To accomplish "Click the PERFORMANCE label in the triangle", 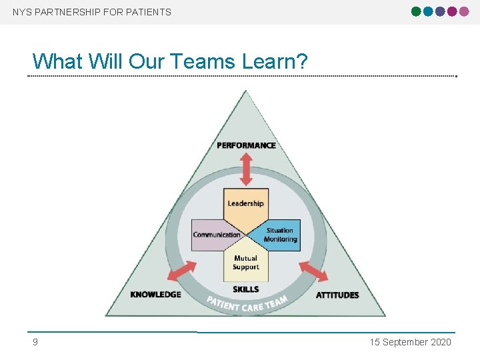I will (246, 145).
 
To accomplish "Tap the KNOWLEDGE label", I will (155, 295).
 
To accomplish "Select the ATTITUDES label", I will (337, 295).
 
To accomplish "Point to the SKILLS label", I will (246, 289).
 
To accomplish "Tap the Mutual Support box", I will (245, 264).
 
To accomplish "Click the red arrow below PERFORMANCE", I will (246, 169).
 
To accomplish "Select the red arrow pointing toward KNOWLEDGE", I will (181, 271).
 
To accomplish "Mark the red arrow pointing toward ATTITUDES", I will (312, 271).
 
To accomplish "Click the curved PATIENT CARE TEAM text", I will (247, 305).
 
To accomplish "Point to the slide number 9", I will (35, 342).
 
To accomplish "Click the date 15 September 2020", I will (411, 342).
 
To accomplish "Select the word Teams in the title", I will (202, 61).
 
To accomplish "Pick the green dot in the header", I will (417, 11).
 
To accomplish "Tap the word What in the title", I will (56, 61).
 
